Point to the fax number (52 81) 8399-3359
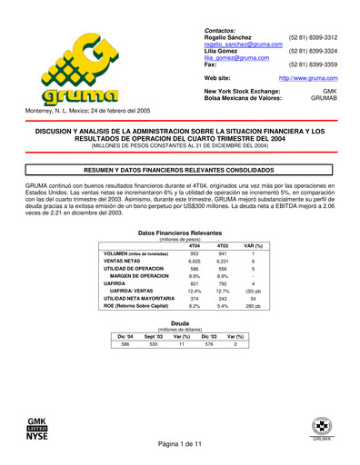[313, 65]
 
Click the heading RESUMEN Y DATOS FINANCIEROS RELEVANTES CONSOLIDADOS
[179, 170]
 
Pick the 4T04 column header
[195, 246]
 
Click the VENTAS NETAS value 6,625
[195, 262]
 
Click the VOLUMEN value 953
[195, 253]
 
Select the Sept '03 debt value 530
[154, 344]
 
